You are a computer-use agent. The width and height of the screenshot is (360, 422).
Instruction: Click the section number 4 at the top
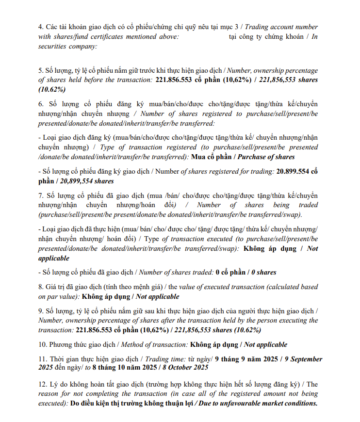click(x=41, y=27)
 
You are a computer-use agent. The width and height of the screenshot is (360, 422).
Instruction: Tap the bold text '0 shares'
click(x=264, y=272)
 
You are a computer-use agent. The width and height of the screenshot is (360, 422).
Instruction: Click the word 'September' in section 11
click(x=303, y=359)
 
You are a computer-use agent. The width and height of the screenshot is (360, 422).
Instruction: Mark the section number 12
click(x=43, y=384)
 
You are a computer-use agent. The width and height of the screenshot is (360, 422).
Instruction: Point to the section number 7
click(x=41, y=195)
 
